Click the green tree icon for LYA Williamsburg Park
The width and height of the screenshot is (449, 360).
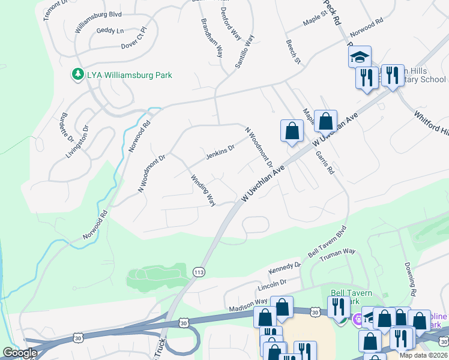point(77,74)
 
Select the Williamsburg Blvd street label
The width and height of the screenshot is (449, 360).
point(98,23)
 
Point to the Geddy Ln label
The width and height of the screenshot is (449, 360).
point(110,31)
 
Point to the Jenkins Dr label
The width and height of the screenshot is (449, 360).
point(220,152)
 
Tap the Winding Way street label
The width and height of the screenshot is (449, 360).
point(203,190)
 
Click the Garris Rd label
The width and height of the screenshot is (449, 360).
point(325,162)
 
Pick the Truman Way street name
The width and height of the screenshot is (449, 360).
point(337,255)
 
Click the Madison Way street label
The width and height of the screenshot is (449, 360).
point(248,305)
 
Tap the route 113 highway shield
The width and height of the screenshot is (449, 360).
point(199,272)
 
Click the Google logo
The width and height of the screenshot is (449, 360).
point(20,352)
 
